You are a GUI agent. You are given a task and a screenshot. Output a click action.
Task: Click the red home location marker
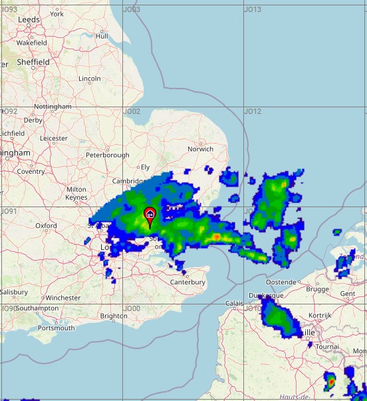pos(150,214)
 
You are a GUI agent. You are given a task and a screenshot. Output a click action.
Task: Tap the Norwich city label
pos(201,149)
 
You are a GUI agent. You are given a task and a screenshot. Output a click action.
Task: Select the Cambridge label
pos(128,181)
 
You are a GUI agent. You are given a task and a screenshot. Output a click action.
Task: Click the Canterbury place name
pos(188,282)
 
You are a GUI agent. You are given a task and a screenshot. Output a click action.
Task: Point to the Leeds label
pos(29,20)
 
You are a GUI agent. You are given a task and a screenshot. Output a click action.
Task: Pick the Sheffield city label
pos(33,62)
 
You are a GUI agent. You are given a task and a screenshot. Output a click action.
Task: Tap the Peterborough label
pos(108,155)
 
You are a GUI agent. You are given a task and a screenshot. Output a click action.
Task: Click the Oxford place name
pos(46,226)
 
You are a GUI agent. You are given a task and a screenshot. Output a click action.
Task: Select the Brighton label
pos(114,316)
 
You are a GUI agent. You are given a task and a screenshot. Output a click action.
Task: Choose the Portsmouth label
pos(57,328)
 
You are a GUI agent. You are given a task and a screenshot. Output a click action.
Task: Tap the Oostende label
pos(281,282)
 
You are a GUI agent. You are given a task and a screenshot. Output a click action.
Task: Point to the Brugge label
pos(318,289)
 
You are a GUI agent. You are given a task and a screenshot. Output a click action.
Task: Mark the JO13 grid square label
pos(253,10)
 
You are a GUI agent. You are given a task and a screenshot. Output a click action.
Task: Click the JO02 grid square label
pos(132,111)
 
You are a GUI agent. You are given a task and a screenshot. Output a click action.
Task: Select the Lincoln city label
pos(90,79)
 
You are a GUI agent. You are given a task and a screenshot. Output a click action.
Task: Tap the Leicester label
pos(54,139)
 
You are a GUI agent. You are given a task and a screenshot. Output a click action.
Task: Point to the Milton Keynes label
pos(76,193)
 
